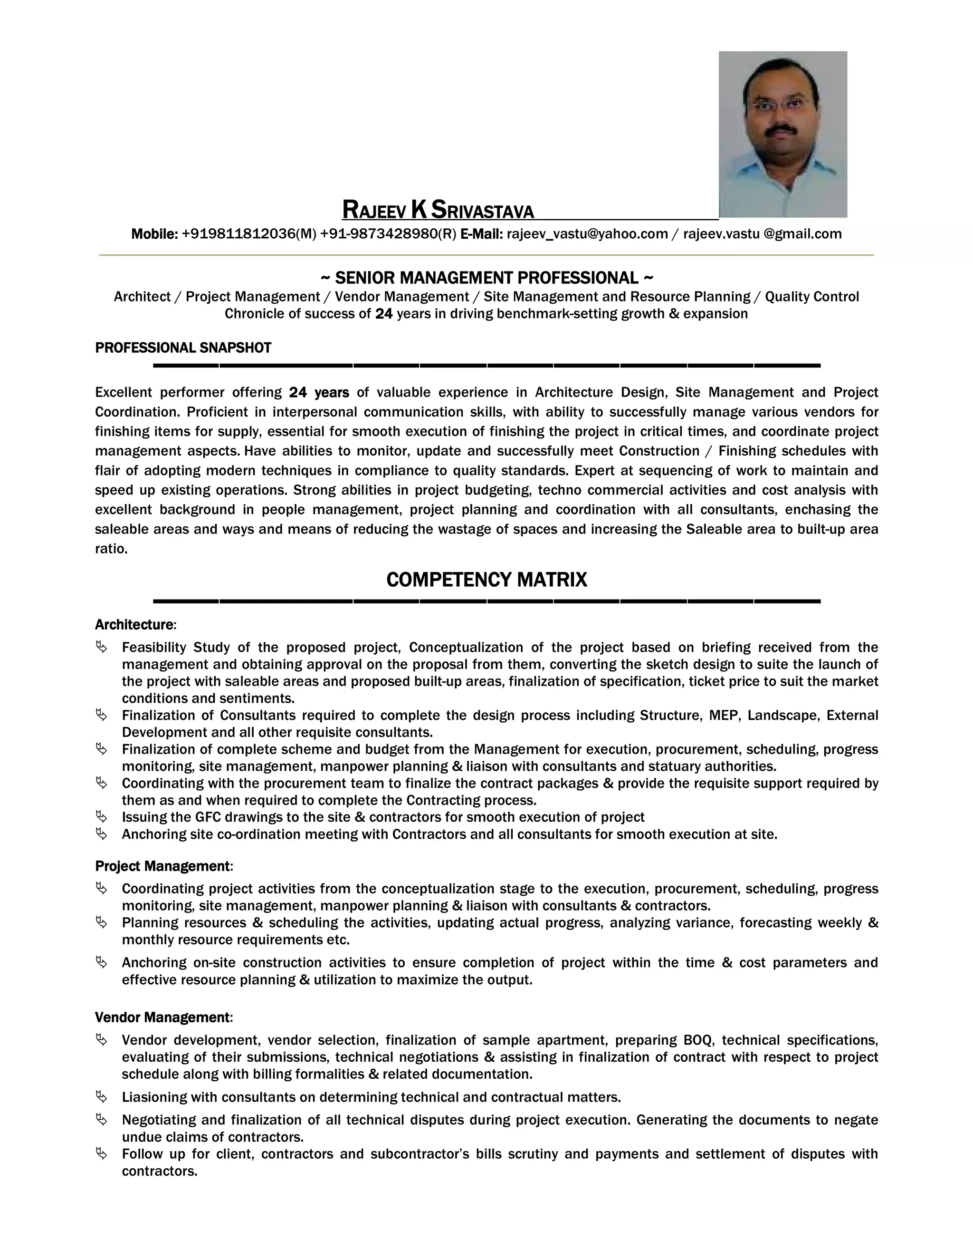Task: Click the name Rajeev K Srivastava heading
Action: click(438, 210)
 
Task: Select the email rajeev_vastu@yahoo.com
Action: click(587, 233)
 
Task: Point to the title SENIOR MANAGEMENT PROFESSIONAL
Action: click(486, 278)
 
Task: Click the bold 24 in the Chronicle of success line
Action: click(384, 314)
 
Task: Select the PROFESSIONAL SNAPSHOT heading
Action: click(183, 348)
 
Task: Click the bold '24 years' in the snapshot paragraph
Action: click(319, 393)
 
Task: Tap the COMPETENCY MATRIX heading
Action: click(486, 579)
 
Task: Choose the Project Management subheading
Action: click(162, 866)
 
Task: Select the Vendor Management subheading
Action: click(162, 1017)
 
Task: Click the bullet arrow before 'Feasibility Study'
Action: click(102, 647)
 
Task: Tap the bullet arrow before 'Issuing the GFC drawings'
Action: click(102, 816)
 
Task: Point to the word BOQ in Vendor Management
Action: click(698, 1040)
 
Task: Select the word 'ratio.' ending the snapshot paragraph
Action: click(111, 549)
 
